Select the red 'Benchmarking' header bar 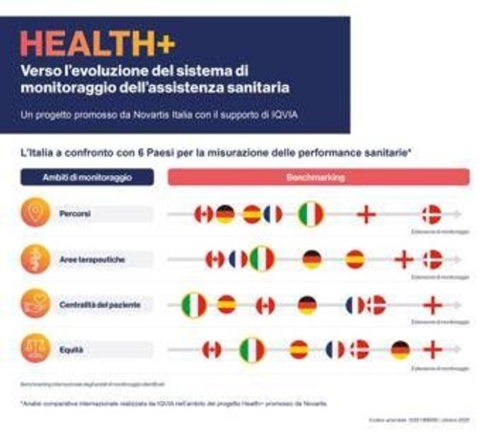point(320,178)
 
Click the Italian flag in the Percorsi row point(310,213)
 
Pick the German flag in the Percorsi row point(225,214)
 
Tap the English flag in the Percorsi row point(366,214)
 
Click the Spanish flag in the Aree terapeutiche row point(354,259)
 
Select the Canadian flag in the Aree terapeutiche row point(214,259)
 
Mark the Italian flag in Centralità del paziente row point(194,305)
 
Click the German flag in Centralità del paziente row point(306,305)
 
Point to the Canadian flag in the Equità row point(211,350)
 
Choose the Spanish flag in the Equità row point(299,350)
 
